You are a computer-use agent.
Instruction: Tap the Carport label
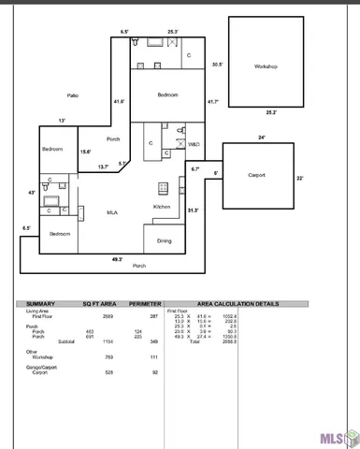click(x=257, y=175)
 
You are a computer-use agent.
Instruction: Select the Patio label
click(x=72, y=95)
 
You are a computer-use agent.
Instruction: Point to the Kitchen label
click(x=162, y=207)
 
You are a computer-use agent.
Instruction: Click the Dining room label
click(x=164, y=241)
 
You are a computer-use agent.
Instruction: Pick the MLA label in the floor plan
click(x=111, y=212)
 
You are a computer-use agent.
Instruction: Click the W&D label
click(x=194, y=145)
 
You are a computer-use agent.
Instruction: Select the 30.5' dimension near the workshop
click(x=217, y=65)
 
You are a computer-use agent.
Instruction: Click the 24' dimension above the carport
click(x=261, y=138)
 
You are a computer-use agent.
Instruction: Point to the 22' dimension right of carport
click(x=301, y=178)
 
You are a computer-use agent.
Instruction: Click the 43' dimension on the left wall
click(x=32, y=193)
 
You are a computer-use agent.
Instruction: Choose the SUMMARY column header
click(x=41, y=304)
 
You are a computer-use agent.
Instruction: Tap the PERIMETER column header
click(x=145, y=304)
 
